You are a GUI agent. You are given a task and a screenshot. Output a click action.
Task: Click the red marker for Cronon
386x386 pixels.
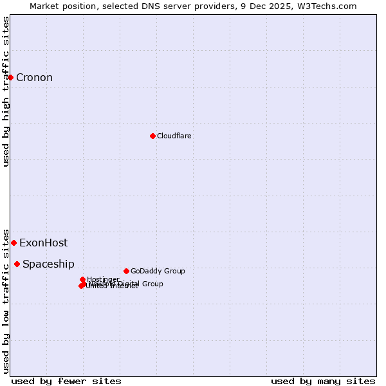pos(10,78)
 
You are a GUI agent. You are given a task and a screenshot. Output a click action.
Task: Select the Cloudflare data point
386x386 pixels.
pos(152,136)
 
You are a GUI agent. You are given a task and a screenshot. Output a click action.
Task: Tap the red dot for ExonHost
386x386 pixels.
pos(14,243)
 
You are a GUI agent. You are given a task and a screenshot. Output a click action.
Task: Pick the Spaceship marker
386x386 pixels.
pos(17,264)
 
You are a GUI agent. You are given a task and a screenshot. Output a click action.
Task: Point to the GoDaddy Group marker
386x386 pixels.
pos(126,271)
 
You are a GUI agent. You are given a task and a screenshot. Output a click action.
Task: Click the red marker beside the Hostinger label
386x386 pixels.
pos(82,279)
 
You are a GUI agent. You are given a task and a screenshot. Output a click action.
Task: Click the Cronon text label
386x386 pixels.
pos(34,78)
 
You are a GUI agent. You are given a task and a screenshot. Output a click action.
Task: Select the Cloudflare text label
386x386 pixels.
pos(174,136)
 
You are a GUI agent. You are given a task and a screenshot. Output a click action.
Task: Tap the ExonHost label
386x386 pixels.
pos(43,243)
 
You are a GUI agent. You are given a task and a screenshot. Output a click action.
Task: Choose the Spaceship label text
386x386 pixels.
pos(48,264)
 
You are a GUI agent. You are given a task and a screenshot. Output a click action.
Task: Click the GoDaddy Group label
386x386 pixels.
pos(158,271)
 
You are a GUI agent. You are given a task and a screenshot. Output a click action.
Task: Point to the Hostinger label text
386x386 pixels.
pos(103,279)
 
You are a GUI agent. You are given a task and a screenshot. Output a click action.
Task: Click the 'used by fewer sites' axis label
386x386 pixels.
pos(66,381)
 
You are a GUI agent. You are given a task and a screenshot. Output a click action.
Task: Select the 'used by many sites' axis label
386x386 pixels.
pos(323,381)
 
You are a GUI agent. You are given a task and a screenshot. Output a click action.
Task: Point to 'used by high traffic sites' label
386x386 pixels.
pos(6,91)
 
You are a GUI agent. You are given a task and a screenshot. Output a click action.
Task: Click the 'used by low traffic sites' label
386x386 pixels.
pos(6,300)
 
